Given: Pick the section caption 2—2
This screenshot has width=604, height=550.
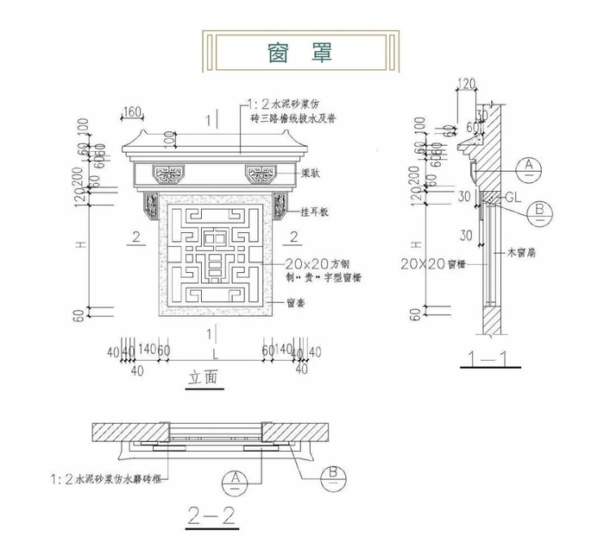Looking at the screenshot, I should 211,516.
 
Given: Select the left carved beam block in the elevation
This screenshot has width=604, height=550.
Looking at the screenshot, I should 167,174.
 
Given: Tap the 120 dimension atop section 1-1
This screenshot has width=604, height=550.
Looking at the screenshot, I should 466,84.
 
